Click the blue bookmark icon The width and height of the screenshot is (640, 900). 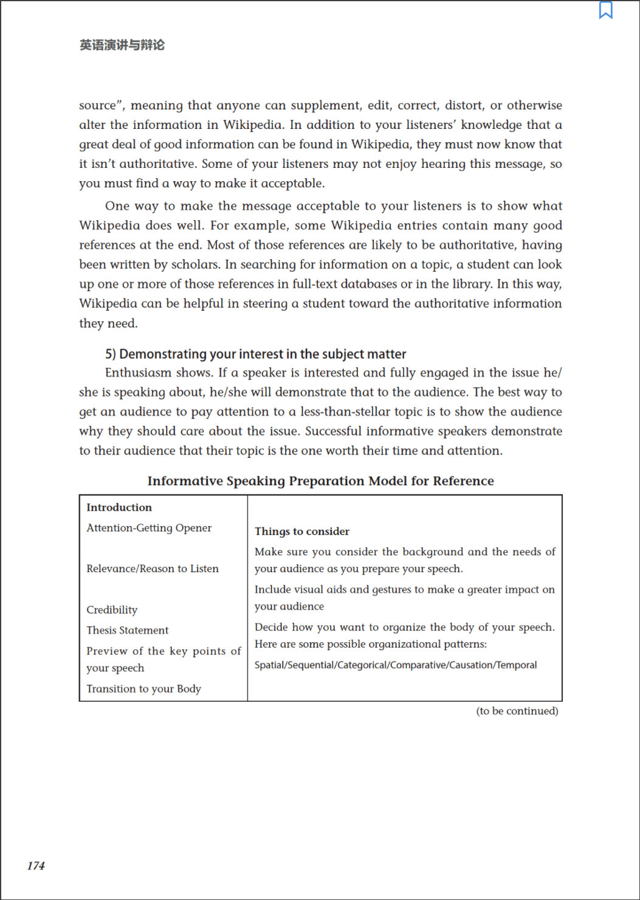(605, 10)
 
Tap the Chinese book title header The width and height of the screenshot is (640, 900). (122, 45)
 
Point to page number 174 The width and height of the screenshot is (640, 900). (36, 865)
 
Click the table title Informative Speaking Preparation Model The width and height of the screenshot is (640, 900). (320, 481)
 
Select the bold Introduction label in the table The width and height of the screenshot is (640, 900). (119, 507)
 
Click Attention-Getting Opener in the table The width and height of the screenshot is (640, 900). (149, 528)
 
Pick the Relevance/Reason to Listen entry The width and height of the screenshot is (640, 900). (153, 569)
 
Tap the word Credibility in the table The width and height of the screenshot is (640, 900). (112, 610)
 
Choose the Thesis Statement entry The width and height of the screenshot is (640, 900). (128, 630)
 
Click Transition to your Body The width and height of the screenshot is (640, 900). (143, 688)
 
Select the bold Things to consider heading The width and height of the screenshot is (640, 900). (302, 531)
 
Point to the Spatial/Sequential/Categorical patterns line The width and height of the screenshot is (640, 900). (396, 665)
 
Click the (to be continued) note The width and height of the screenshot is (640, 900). (517, 711)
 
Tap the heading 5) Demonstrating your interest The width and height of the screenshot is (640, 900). (256, 354)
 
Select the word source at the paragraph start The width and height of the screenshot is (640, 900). (97, 106)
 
